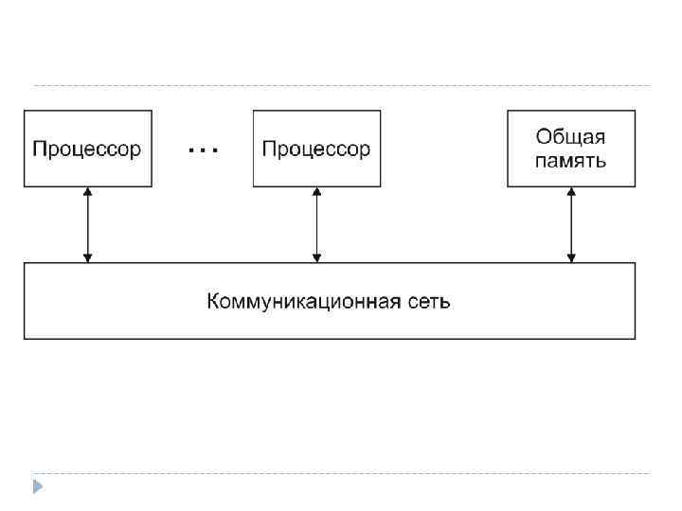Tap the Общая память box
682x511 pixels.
point(570,148)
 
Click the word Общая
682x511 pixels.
point(570,138)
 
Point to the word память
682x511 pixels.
point(570,161)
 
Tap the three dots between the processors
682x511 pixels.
point(203,150)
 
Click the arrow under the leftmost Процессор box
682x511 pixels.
point(87,224)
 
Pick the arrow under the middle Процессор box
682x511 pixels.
point(316,224)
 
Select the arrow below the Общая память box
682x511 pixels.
point(570,224)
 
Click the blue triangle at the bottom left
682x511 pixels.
point(37,487)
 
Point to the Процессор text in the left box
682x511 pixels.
point(87,150)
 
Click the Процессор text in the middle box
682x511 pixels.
point(316,150)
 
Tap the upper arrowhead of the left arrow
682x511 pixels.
point(87,192)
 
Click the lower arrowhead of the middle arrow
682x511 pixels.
point(316,256)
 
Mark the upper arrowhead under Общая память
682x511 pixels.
point(570,192)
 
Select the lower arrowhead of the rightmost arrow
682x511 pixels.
point(570,256)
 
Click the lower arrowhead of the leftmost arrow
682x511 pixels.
point(87,256)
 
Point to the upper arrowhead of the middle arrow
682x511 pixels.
point(316,192)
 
